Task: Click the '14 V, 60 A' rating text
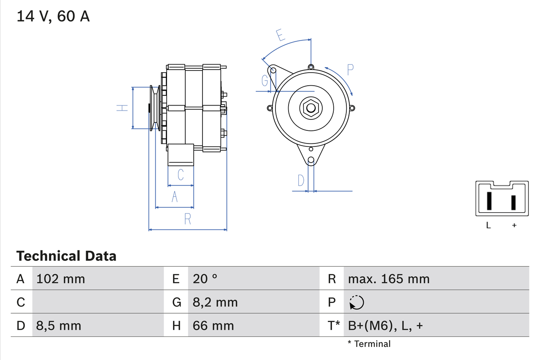coord(53,16)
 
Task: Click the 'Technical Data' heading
coord(66,256)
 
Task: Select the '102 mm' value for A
coord(61,279)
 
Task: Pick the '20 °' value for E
coord(205,279)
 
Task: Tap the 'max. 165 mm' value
coord(389,279)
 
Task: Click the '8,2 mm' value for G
coord(215,302)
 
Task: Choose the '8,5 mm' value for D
coord(59,325)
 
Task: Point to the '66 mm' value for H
coord(213,325)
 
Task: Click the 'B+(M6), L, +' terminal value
coord(385,325)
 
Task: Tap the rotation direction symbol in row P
coord(357,302)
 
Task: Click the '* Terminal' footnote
coord(369,344)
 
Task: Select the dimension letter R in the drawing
coord(188,219)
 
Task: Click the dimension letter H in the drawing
coord(122,108)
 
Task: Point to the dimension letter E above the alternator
coord(281,35)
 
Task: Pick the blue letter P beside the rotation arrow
coord(350,70)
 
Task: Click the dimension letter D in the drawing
coord(301,181)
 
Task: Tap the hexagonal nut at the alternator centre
coord(310,108)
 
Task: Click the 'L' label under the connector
coord(489,225)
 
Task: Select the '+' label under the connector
coord(514,225)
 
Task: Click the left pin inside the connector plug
coord(489,201)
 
